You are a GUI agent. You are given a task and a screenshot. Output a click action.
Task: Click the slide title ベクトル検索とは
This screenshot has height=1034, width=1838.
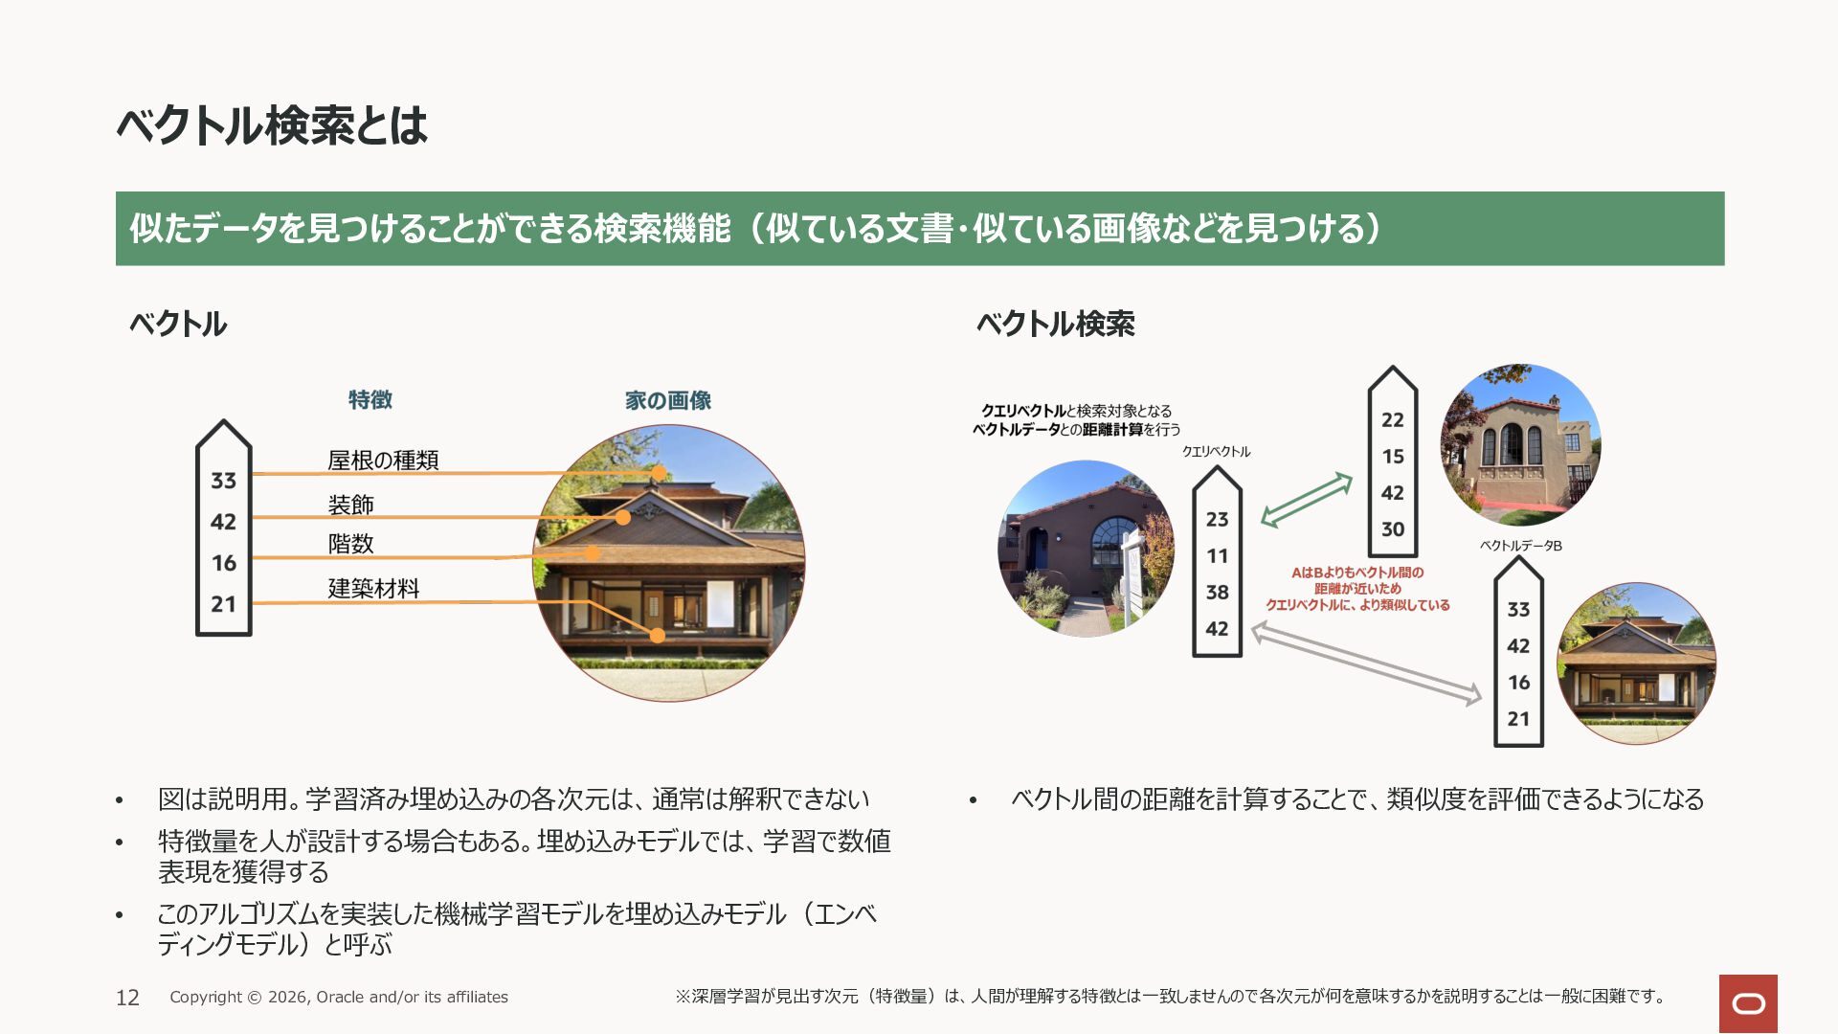(272, 125)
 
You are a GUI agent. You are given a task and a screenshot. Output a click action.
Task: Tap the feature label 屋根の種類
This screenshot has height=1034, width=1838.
(383, 461)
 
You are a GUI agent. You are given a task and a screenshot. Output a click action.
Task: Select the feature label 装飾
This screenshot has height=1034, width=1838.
(350, 505)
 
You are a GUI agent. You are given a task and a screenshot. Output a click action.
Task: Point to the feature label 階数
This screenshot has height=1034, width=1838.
(350, 544)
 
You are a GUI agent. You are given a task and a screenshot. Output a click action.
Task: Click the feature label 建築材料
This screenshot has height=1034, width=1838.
(373, 588)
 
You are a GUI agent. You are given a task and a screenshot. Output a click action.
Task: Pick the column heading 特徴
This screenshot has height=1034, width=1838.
(370, 399)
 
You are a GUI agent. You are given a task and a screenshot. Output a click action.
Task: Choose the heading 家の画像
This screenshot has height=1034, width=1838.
(668, 400)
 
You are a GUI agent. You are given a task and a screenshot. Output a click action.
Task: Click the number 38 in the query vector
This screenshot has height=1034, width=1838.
(1217, 593)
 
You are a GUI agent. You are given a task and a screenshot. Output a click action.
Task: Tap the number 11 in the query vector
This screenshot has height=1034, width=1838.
(1217, 556)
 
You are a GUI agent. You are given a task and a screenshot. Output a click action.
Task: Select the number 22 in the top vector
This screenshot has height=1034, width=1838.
(1393, 420)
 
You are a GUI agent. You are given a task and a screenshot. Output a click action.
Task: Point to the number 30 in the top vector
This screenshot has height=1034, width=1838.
(1393, 529)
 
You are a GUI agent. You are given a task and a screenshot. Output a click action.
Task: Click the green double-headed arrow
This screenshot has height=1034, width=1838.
(1307, 500)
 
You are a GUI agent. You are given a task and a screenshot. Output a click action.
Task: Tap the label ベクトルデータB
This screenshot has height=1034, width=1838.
(1520, 546)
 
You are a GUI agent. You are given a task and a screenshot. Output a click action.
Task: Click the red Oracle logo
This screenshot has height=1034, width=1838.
(1748, 1003)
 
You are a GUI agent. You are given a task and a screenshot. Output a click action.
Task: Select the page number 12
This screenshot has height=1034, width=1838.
(127, 998)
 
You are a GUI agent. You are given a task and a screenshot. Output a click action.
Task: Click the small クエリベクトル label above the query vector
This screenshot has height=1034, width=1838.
(1216, 452)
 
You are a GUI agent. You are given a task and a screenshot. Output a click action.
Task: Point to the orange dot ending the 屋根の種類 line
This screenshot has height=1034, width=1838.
(659, 473)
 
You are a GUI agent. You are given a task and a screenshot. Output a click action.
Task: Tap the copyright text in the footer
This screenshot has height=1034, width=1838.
(339, 997)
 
